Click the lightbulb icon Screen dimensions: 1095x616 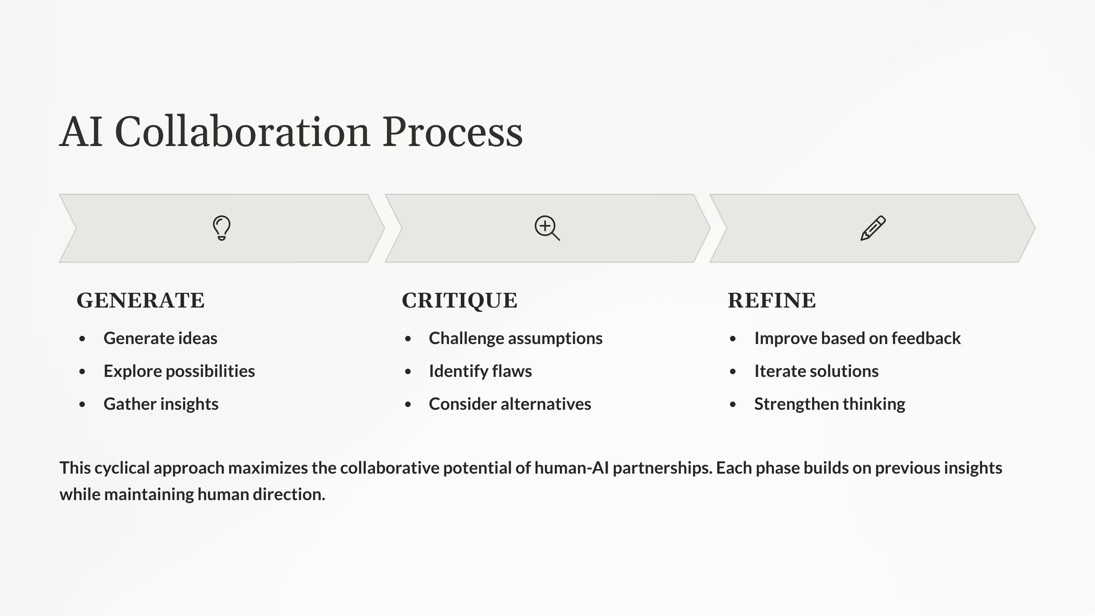pos(222,228)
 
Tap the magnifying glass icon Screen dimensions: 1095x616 pos(547,228)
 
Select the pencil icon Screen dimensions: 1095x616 pos(873,228)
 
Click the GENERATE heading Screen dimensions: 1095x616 pos(141,300)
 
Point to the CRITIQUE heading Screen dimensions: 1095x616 pos(459,300)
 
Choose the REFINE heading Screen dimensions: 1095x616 pos(772,300)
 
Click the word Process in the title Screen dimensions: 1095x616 pos(452,132)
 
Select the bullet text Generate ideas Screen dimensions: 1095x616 pos(160,339)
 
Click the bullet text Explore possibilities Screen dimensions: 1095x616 pos(179,371)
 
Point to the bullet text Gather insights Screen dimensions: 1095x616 pos(161,404)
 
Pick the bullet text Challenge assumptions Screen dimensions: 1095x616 pos(516,339)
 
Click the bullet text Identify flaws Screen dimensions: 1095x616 pos(480,371)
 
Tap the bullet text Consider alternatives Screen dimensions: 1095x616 pos(510,404)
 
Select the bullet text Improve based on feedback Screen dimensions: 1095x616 pos(857,339)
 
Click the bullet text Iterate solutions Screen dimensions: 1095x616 pos(816,371)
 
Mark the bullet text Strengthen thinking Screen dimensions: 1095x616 pos(829,404)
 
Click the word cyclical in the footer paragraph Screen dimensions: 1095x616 pos(122,468)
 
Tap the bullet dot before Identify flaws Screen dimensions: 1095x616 pos(408,372)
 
